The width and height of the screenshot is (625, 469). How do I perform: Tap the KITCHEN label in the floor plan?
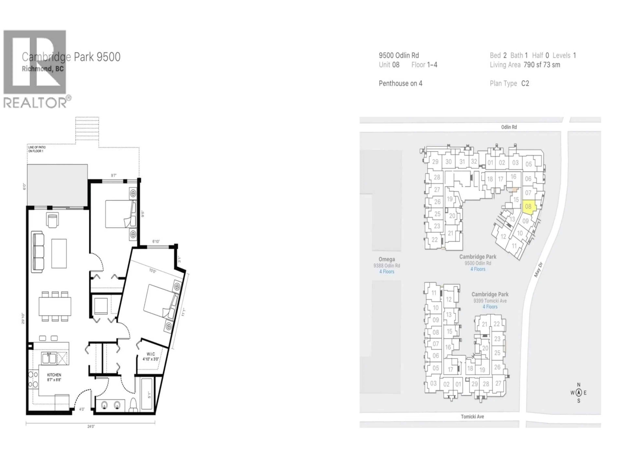point(54,375)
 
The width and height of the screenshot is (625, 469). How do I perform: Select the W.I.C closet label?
point(151,354)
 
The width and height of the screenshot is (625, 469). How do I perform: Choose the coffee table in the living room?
point(59,253)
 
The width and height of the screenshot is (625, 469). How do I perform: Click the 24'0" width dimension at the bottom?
point(91,426)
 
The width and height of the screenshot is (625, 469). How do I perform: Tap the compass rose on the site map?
point(578,393)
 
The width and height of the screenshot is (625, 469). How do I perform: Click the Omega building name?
point(387,259)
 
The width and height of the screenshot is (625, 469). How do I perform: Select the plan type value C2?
point(525,83)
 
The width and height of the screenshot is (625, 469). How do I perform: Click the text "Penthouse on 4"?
point(400,83)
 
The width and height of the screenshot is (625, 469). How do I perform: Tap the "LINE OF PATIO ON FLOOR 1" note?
point(37,149)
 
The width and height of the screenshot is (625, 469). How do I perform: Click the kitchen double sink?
point(49,358)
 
